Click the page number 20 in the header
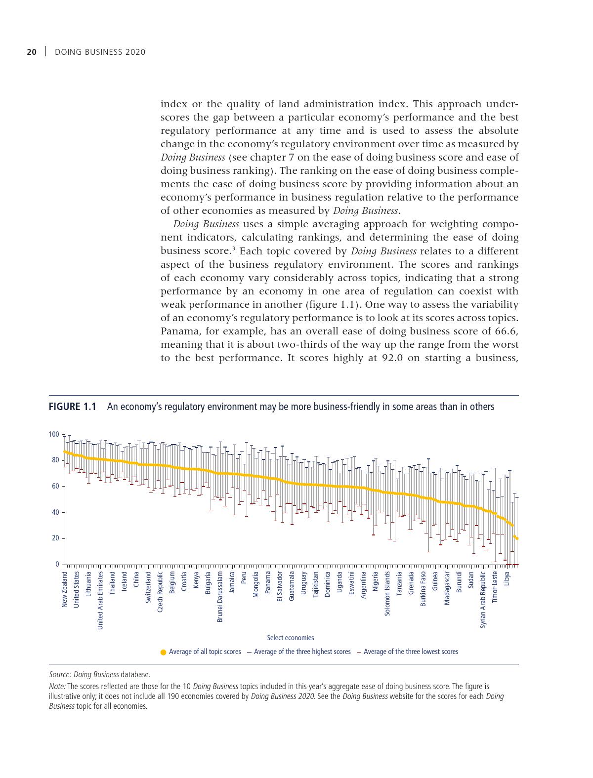[32, 52]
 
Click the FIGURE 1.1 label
[72, 407]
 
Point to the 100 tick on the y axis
[53, 434]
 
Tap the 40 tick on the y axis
[55, 512]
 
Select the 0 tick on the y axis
[57, 564]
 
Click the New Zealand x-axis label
[64, 589]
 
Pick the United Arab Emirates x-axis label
[100, 600]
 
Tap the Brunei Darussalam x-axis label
[220, 596]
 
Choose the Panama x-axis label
[268, 583]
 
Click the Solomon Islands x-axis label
[387, 593]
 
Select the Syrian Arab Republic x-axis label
[483, 600]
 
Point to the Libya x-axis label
[507, 579]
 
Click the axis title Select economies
[290, 638]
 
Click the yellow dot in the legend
[164, 652]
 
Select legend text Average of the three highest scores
[302, 652]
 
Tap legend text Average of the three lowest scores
[411, 652]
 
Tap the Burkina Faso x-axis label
[424, 589]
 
